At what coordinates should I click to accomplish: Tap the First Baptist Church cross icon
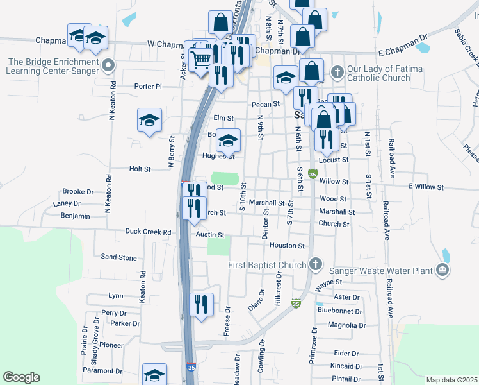315,264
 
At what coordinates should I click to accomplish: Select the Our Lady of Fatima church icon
337,69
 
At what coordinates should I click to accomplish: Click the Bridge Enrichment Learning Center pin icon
108,65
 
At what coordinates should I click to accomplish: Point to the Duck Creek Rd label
149,232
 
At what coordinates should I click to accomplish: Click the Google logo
21,377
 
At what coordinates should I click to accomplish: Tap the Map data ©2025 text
451,380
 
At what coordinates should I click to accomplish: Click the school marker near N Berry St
149,119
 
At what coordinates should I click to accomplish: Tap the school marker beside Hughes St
228,141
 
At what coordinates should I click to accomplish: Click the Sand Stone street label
119,257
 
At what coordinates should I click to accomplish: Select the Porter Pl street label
148,86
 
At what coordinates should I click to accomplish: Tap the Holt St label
140,169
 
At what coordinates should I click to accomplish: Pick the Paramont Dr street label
102,371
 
